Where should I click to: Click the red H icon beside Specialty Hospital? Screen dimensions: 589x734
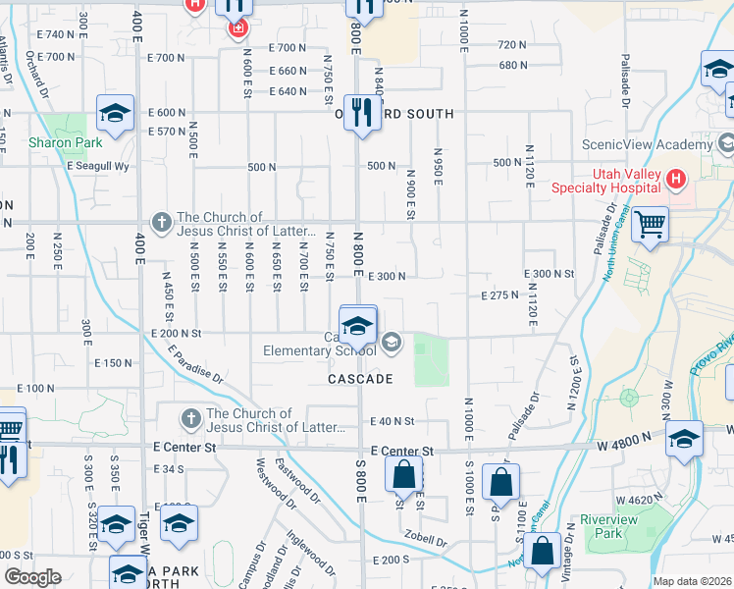(675, 180)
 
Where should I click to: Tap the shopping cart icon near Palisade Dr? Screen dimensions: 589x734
(650, 225)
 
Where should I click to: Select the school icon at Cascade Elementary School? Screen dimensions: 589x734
(357, 325)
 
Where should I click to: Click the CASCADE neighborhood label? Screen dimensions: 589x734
(361, 379)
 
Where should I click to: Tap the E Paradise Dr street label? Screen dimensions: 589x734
(195, 362)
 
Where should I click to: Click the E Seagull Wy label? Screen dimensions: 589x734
(98, 166)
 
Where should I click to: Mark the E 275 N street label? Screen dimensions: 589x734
(499, 294)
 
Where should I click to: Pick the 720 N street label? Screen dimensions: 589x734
(512, 45)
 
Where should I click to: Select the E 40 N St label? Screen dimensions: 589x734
(393, 421)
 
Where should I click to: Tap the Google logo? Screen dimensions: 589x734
(33, 577)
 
